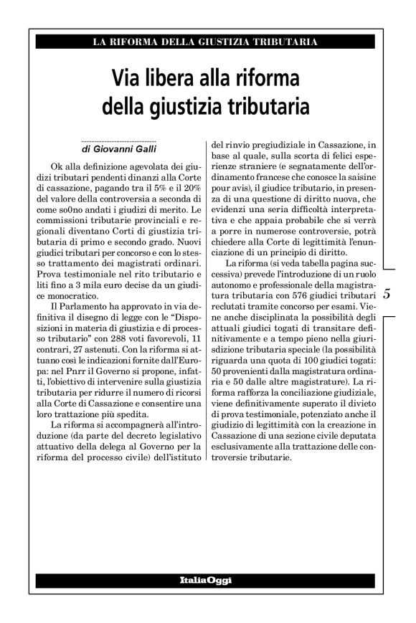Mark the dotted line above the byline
coord(119,140)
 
